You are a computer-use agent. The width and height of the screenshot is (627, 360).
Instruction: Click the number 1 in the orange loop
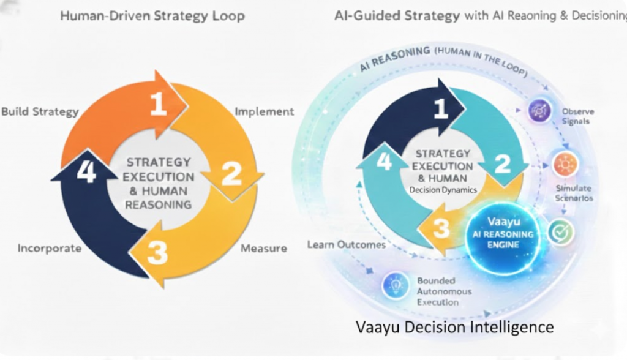tap(159, 104)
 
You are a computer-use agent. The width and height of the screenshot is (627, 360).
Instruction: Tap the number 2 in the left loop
tap(231, 173)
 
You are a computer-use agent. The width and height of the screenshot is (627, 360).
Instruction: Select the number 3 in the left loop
tap(157, 252)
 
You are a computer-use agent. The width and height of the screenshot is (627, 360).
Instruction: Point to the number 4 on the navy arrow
tap(86, 173)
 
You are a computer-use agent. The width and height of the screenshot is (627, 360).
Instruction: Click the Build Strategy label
tap(40, 111)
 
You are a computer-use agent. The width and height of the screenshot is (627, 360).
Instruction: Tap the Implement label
tap(265, 111)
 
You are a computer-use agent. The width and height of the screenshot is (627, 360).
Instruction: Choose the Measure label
tap(263, 248)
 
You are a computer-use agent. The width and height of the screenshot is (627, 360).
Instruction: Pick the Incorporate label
tap(50, 248)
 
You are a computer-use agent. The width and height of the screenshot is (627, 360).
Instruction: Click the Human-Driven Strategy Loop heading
tap(152, 16)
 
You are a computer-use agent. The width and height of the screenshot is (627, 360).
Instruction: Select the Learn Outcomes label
tap(347, 245)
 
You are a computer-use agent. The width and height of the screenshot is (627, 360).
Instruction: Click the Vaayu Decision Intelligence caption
tap(454, 326)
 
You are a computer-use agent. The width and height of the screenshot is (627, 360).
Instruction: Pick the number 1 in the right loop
tap(441, 108)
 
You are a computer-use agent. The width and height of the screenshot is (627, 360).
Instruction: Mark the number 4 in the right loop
tap(384, 162)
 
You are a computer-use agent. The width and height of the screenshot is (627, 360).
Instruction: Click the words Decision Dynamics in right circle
tap(443, 190)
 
